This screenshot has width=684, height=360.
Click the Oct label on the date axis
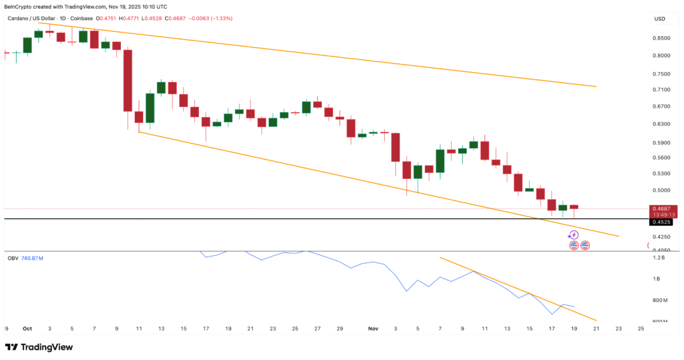27,329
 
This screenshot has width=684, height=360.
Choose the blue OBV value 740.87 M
37,258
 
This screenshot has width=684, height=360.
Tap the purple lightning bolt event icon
573,234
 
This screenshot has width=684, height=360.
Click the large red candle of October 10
128,80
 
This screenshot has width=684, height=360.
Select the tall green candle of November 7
440,161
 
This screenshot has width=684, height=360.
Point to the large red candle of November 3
395,147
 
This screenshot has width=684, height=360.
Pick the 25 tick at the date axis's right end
641,329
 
